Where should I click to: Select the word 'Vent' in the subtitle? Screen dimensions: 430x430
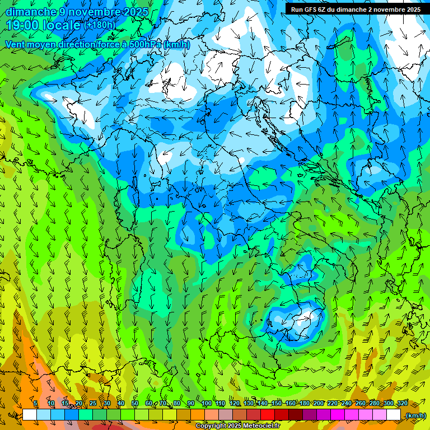[16, 44]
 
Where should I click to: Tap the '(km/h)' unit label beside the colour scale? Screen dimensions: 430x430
[415, 415]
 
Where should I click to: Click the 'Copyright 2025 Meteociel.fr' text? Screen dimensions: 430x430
[237, 426]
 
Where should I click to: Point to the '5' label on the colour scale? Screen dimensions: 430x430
[35, 403]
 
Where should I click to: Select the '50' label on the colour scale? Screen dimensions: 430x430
[134, 403]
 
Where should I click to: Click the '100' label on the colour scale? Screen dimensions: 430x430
[206, 403]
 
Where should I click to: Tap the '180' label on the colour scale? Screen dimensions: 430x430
[304, 403]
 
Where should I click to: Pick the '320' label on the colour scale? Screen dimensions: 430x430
[402, 403]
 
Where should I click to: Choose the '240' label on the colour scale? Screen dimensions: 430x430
[346, 403]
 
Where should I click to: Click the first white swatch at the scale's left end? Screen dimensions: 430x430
[30, 415]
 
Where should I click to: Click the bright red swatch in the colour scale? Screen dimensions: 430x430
[268, 415]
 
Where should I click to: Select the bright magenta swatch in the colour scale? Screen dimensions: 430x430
[338, 415]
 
